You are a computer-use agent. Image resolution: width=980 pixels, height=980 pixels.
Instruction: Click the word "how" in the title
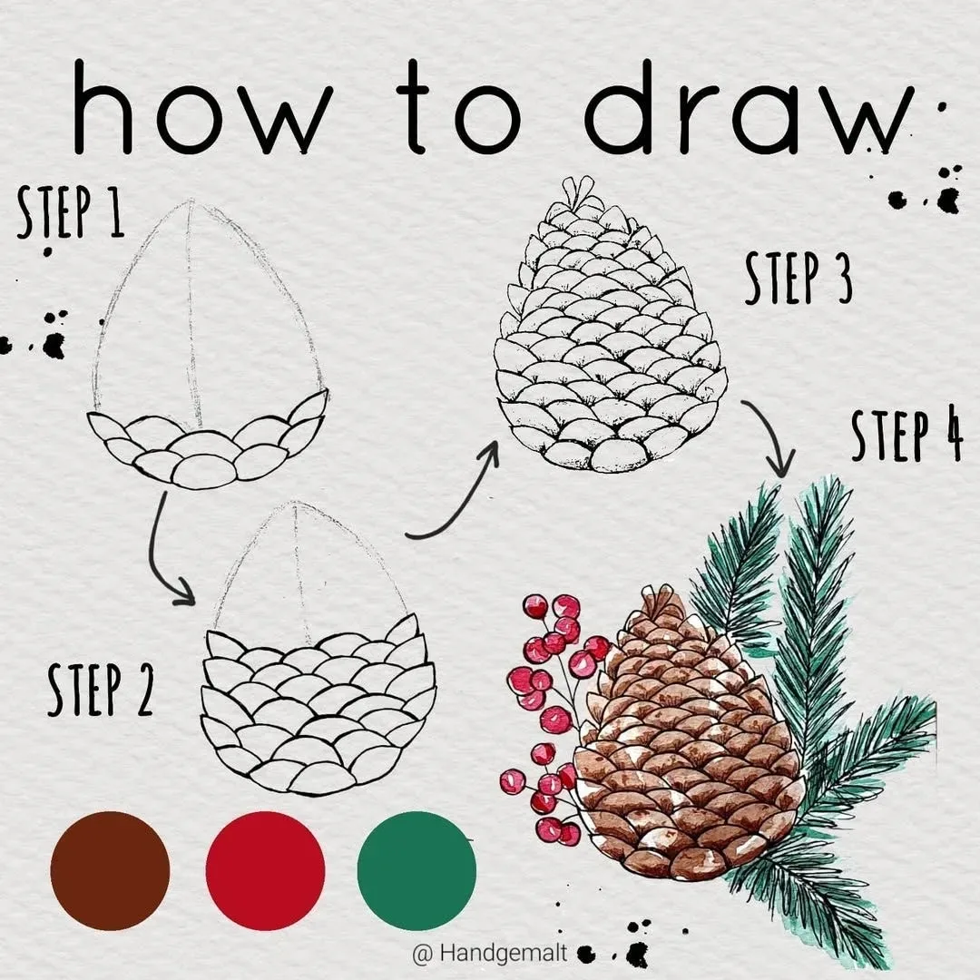point(201,107)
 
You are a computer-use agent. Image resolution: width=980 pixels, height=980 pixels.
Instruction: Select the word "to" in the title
point(458,107)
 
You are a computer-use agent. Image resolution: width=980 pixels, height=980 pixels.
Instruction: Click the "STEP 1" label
point(70,211)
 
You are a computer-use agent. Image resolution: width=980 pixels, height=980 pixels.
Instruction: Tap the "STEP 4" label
point(906,435)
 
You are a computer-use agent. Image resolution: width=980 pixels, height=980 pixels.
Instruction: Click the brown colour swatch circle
point(110,870)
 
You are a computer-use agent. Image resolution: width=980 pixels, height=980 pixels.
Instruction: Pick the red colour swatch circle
point(265,870)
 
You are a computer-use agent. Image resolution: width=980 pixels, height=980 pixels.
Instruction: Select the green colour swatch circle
point(416,870)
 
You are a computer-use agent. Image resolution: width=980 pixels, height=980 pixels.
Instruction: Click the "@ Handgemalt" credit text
point(490,953)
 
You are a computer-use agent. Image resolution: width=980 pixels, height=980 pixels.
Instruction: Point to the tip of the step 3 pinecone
point(578,178)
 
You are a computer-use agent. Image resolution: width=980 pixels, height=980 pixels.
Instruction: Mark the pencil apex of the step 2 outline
point(294,502)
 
